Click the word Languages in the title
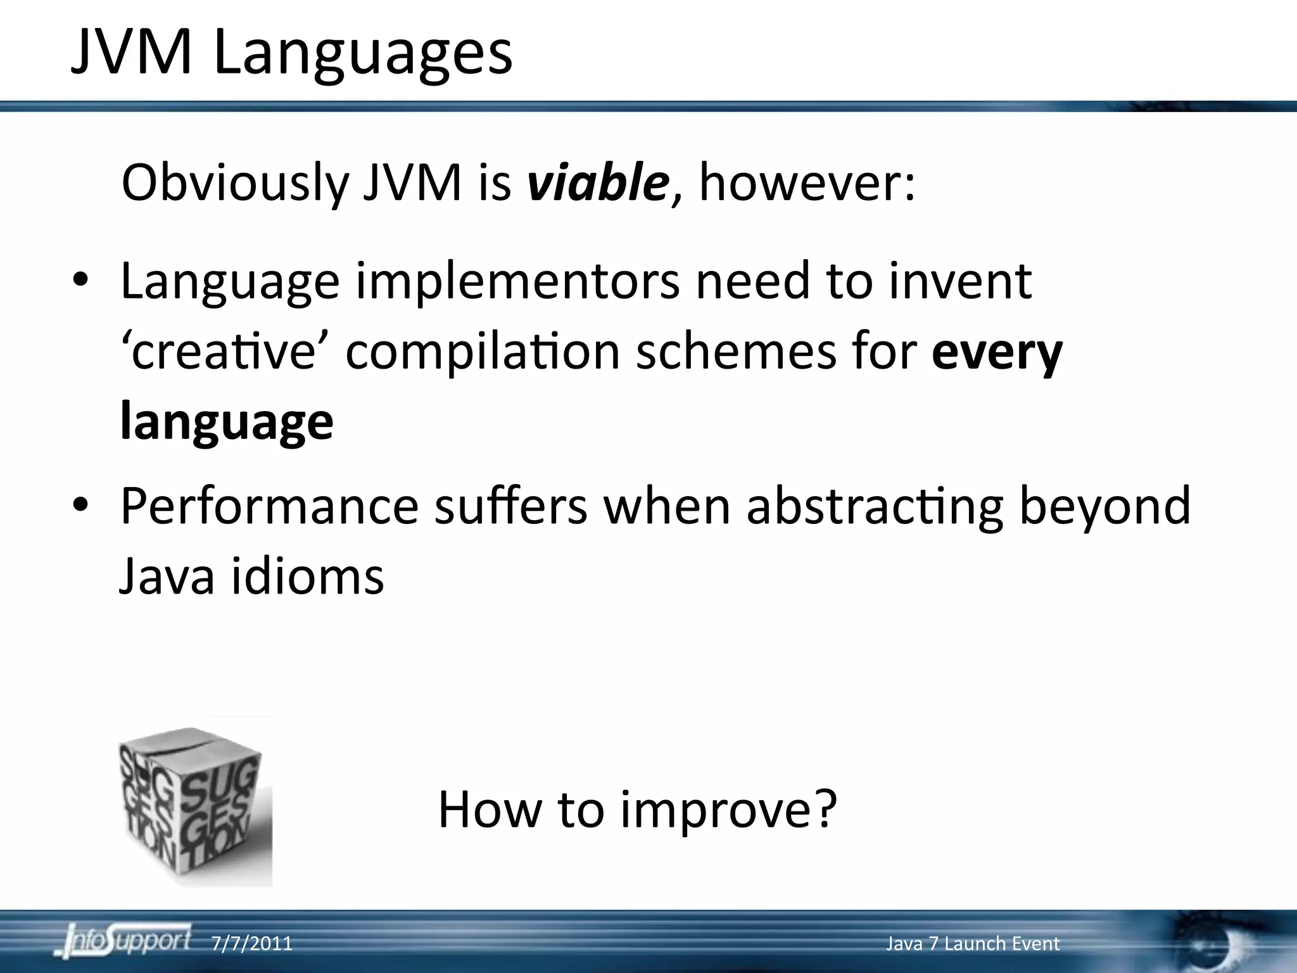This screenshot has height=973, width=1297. [363, 54]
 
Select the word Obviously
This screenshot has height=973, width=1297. [235, 184]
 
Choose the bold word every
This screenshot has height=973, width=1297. [997, 353]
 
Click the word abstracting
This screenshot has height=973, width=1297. [875, 507]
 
